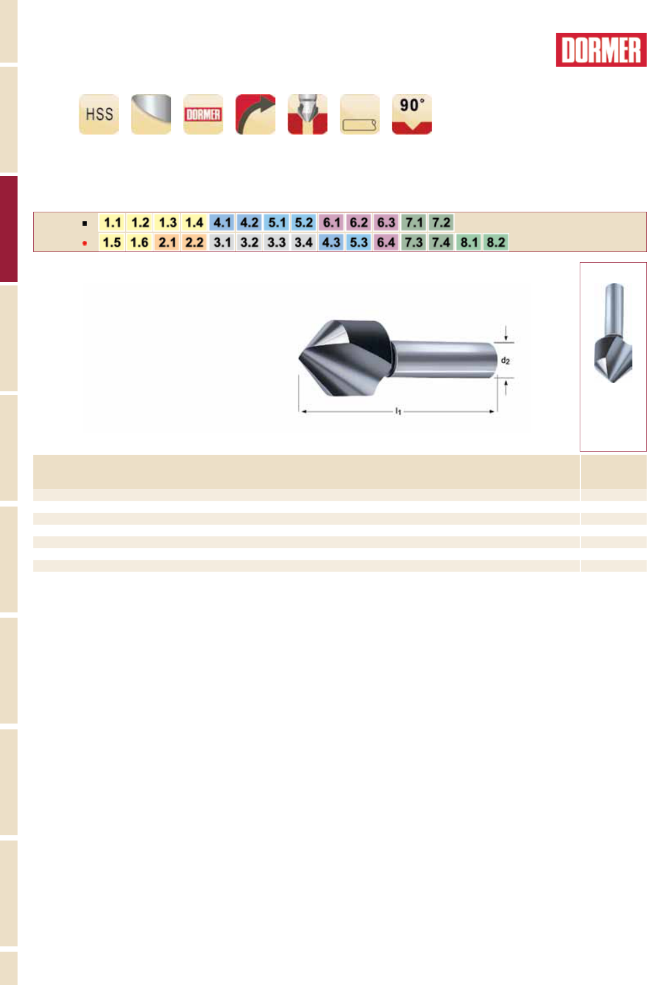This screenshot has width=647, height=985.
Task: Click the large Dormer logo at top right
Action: [x=601, y=50]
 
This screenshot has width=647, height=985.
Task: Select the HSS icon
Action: [x=99, y=114]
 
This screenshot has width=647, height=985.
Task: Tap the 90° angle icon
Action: [x=412, y=114]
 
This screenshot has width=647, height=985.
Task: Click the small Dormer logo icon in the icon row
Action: [x=203, y=114]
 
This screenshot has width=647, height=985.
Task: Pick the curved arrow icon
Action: [x=255, y=114]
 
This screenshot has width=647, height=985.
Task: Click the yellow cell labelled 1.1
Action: [x=112, y=222]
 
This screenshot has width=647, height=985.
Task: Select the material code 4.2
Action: [x=249, y=222]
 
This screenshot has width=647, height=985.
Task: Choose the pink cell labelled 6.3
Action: [x=386, y=222]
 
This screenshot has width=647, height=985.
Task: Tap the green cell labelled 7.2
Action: [x=440, y=222]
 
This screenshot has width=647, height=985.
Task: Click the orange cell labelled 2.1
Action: [x=167, y=242]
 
